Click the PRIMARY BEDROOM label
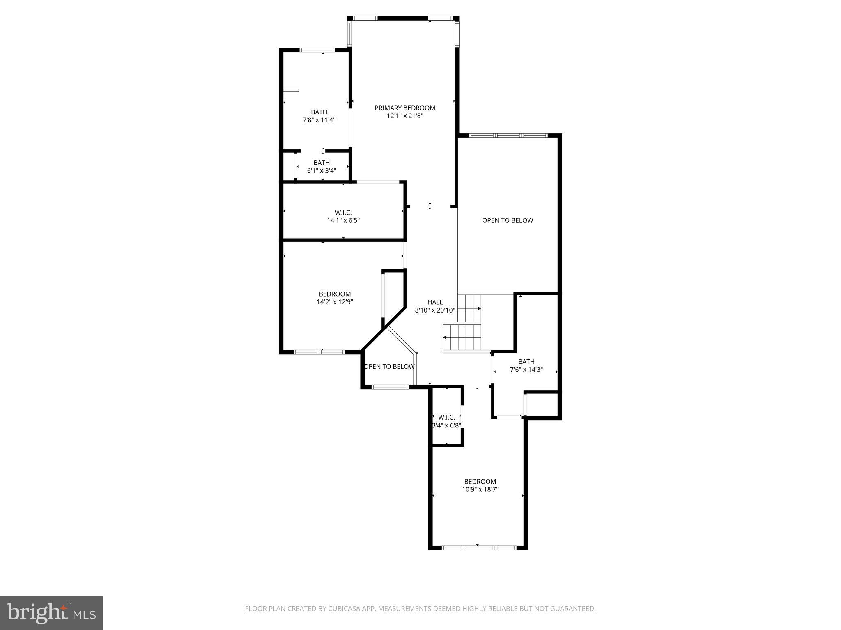coord(404,108)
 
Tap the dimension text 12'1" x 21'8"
coord(404,116)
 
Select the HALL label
coord(435,302)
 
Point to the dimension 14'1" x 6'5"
coord(343,220)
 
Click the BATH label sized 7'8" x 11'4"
coord(319,112)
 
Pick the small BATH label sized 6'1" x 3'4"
coord(322,163)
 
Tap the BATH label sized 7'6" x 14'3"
coord(526,361)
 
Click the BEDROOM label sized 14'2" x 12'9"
coord(335,294)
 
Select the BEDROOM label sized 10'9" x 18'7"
coord(480,482)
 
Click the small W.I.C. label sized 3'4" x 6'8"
coord(446,417)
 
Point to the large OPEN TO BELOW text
coord(508,220)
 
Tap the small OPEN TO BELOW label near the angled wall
coord(389,366)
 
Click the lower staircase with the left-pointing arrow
coord(462,337)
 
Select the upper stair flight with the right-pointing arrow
coord(469,308)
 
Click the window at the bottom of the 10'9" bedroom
coord(479,547)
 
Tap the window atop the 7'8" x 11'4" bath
coord(317,50)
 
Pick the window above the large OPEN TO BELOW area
coord(508,135)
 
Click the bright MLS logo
coord(51,613)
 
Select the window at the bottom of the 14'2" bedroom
coord(319,352)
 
